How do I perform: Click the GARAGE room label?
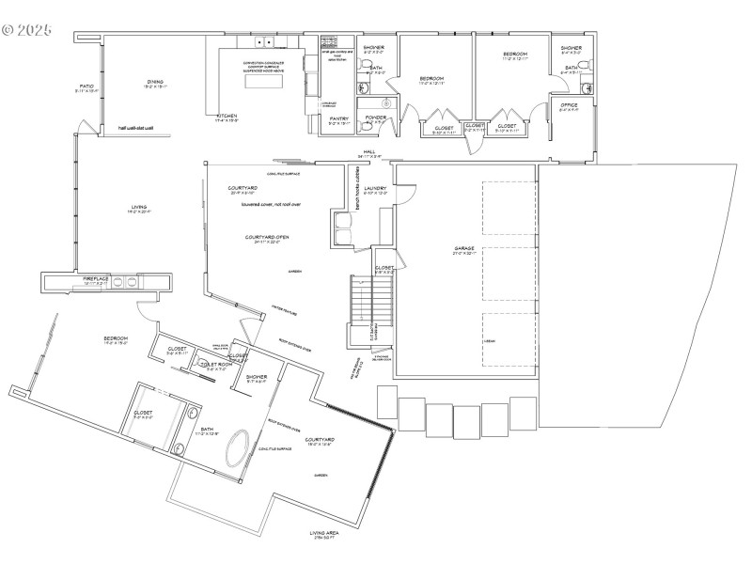click(465, 249)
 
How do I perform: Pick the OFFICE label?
click(569, 104)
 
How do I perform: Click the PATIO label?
click(86, 86)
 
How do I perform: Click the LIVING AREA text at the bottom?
click(331, 533)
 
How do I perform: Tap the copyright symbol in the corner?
click(8, 29)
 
